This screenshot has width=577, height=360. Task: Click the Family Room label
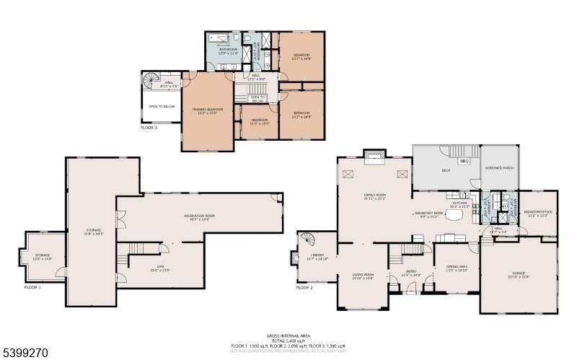click(x=374, y=196)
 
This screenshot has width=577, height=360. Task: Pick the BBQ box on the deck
click(x=464, y=161)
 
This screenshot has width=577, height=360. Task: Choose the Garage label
click(x=519, y=276)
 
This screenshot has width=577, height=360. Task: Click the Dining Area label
click(x=457, y=268)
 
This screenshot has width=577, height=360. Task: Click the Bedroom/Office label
click(x=539, y=213)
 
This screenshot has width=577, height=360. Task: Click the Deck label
click(x=446, y=171)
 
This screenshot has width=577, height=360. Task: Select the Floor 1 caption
click(x=33, y=287)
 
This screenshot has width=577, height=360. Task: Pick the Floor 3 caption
click(x=150, y=127)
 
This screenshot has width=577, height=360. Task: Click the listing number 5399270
click(x=25, y=353)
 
